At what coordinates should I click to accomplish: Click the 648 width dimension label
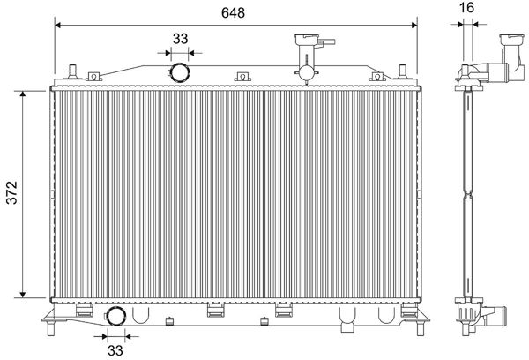click(x=233, y=12)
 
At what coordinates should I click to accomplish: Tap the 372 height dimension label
click(x=11, y=193)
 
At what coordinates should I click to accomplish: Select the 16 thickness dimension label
click(x=466, y=7)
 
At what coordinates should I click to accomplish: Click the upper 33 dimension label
click(x=180, y=39)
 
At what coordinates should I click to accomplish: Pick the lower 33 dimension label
click(x=115, y=350)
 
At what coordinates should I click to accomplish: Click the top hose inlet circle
click(x=179, y=72)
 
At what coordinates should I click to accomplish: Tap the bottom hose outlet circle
click(x=115, y=316)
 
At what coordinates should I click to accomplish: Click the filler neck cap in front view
click(x=307, y=39)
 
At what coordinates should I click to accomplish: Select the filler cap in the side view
click(x=511, y=39)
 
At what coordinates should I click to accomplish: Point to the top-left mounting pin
click(x=72, y=71)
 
